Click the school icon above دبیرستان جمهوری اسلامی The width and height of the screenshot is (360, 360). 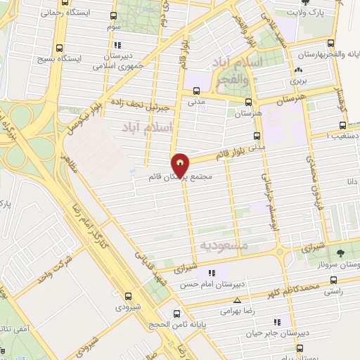tap(116, 46)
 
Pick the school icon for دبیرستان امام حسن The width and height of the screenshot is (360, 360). tap(210, 273)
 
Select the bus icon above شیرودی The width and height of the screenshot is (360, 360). tap(127, 297)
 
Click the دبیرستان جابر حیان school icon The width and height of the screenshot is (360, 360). tap(276, 322)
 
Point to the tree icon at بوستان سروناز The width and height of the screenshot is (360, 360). tap(340, 252)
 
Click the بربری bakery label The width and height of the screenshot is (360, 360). tap(298, 81)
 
